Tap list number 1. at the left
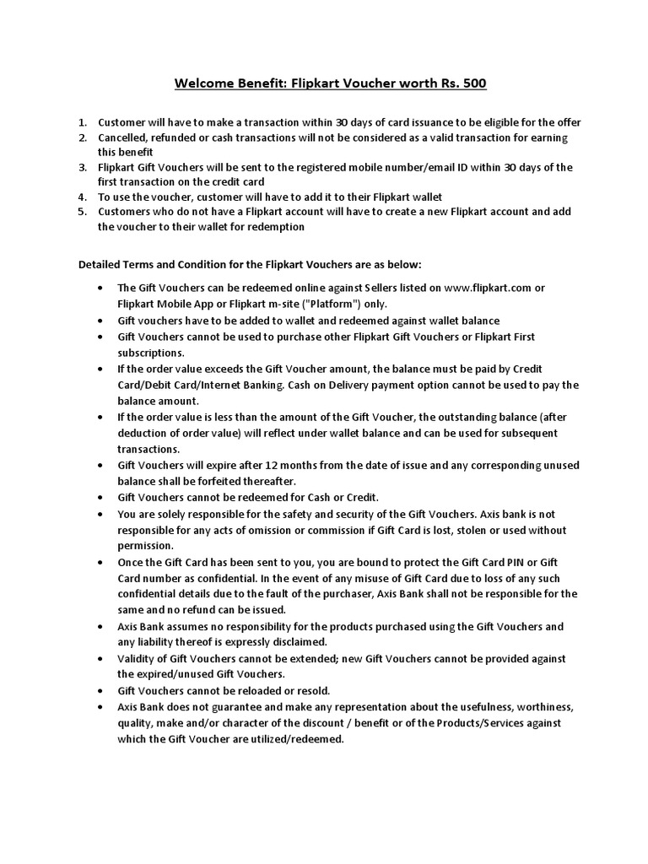[83, 122]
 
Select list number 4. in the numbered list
[83, 197]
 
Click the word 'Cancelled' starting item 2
[127, 138]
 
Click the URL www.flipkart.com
[487, 288]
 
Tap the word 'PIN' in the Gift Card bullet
[513, 563]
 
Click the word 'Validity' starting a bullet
[138, 659]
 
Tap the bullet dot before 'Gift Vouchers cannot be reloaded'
[101, 691]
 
